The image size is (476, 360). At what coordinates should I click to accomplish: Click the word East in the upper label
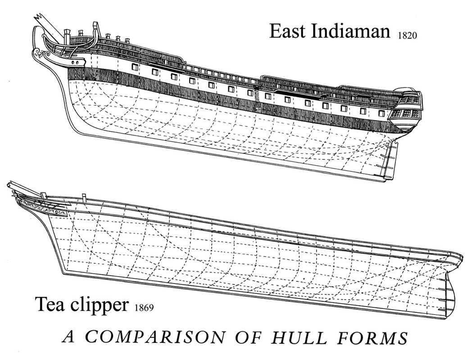[x=288, y=31]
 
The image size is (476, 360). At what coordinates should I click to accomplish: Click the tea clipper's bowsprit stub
[x=16, y=187]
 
